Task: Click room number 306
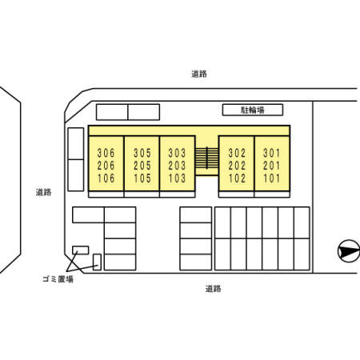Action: pos(106,153)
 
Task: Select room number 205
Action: pos(142,166)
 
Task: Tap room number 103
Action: pos(177,178)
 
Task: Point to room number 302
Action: pos(237,153)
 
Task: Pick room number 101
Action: pos(272,178)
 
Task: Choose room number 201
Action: pos(272,166)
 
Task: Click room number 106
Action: pos(106,178)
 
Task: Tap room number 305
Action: pos(142,153)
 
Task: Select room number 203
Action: pos(177,166)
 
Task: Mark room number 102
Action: pos(237,178)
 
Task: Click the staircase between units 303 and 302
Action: pos(206,158)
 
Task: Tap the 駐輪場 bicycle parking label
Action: pos(253,110)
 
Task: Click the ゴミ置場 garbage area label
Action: pos(58,279)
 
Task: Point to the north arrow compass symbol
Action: pos(349,251)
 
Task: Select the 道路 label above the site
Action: pos(199,74)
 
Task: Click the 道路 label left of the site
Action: pos(43,192)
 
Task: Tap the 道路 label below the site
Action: pos(214,289)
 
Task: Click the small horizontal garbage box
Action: pos(80,250)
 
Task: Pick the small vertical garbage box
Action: pos(97,262)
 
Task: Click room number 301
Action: pos(272,153)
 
